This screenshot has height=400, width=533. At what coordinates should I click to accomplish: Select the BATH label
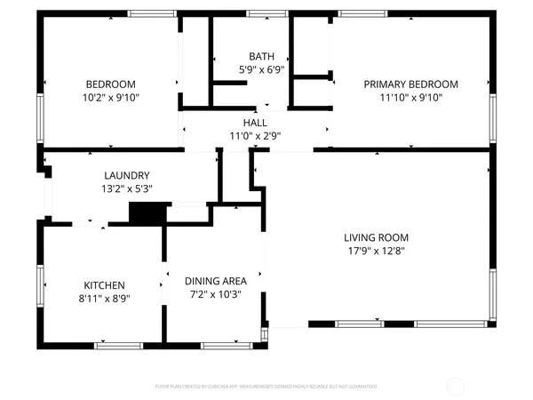pos(261,55)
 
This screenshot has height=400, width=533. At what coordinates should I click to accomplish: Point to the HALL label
pos(255,124)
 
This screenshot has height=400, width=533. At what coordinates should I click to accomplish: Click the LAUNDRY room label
pos(126,175)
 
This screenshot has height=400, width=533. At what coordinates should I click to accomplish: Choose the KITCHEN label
pos(105,285)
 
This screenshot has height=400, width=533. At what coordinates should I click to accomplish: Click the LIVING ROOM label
pos(376,237)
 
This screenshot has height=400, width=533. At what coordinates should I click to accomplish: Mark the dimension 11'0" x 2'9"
pos(255,136)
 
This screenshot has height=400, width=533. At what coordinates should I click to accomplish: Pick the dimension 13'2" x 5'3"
pos(126,188)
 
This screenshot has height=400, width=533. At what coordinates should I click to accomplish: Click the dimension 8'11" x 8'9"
pos(105,299)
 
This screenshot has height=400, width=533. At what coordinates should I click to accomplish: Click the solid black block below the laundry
pos(147,213)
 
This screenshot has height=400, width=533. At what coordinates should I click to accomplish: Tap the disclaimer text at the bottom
pos(266,387)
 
